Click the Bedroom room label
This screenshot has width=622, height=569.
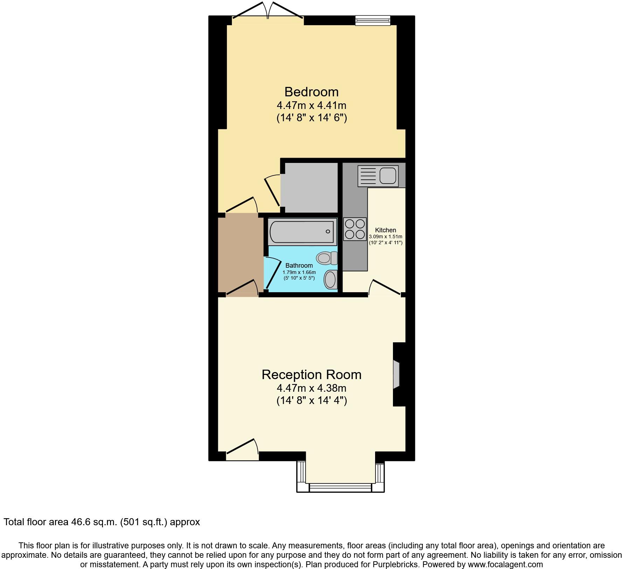click(x=311, y=92)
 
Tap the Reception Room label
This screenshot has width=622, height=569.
click(x=311, y=375)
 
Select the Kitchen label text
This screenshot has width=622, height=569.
click(x=386, y=230)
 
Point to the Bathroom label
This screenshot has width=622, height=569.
click(x=299, y=266)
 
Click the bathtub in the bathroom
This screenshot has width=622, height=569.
click(x=303, y=232)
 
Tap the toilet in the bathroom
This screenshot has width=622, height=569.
click(x=326, y=259)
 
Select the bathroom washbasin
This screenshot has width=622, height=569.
click(x=330, y=280)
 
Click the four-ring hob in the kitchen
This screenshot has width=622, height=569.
click(x=355, y=229)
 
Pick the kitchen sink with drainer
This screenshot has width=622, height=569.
click(x=378, y=176)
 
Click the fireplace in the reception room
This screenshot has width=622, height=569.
click(x=397, y=374)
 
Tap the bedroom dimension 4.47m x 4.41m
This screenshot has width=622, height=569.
click(x=311, y=105)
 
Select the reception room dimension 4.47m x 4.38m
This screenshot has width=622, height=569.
click(x=311, y=388)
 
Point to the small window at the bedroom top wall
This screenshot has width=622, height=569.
click(x=373, y=20)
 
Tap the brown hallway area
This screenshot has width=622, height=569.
click(x=240, y=254)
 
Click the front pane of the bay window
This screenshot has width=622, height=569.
click(x=340, y=487)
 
